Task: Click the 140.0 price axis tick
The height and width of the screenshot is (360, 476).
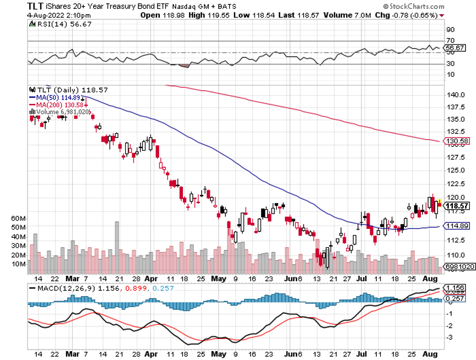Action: (455, 95)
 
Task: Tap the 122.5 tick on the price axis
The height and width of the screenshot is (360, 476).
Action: (455, 184)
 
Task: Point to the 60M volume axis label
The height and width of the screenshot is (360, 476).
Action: (19, 219)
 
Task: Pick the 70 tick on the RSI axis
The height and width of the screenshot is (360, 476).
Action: (450, 41)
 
